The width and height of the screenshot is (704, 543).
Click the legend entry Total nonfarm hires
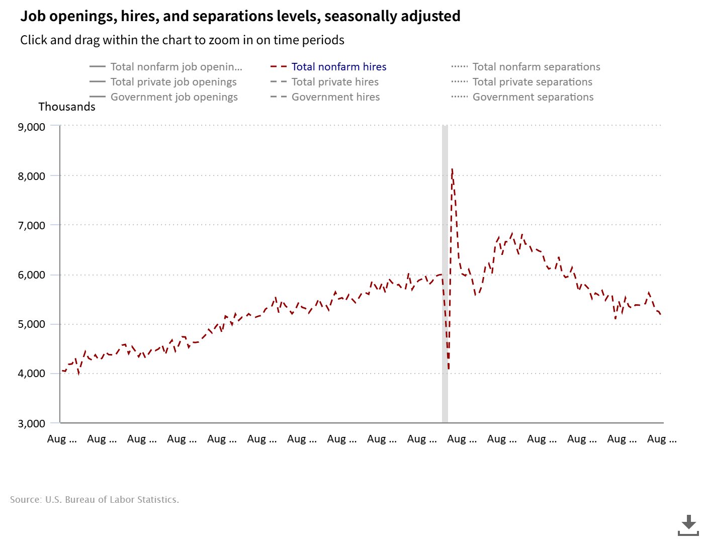tap(339, 67)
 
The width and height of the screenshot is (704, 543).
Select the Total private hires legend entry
tap(335, 82)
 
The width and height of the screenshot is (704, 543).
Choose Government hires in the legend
tap(335, 97)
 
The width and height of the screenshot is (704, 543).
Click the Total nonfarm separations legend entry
tap(536, 67)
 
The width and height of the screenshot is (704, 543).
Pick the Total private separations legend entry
tap(532, 82)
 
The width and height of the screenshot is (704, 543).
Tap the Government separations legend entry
tap(533, 97)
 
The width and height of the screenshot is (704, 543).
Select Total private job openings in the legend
tap(173, 82)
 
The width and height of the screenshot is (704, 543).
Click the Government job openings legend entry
tap(174, 97)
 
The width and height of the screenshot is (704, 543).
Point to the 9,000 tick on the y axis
tap(32, 127)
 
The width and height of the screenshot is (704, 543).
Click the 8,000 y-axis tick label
tap(32, 176)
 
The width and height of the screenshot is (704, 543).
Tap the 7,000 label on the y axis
tap(32, 225)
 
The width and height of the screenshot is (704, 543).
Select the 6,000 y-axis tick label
tap(32, 275)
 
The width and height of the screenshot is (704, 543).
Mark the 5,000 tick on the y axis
tap(32, 324)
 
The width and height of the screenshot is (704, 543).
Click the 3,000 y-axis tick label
tap(32, 423)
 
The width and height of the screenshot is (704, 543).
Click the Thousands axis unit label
tap(67, 107)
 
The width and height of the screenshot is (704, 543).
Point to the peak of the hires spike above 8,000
tap(452, 169)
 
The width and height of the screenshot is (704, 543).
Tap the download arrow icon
tap(688, 525)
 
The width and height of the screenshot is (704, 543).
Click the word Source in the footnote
tap(25, 500)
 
